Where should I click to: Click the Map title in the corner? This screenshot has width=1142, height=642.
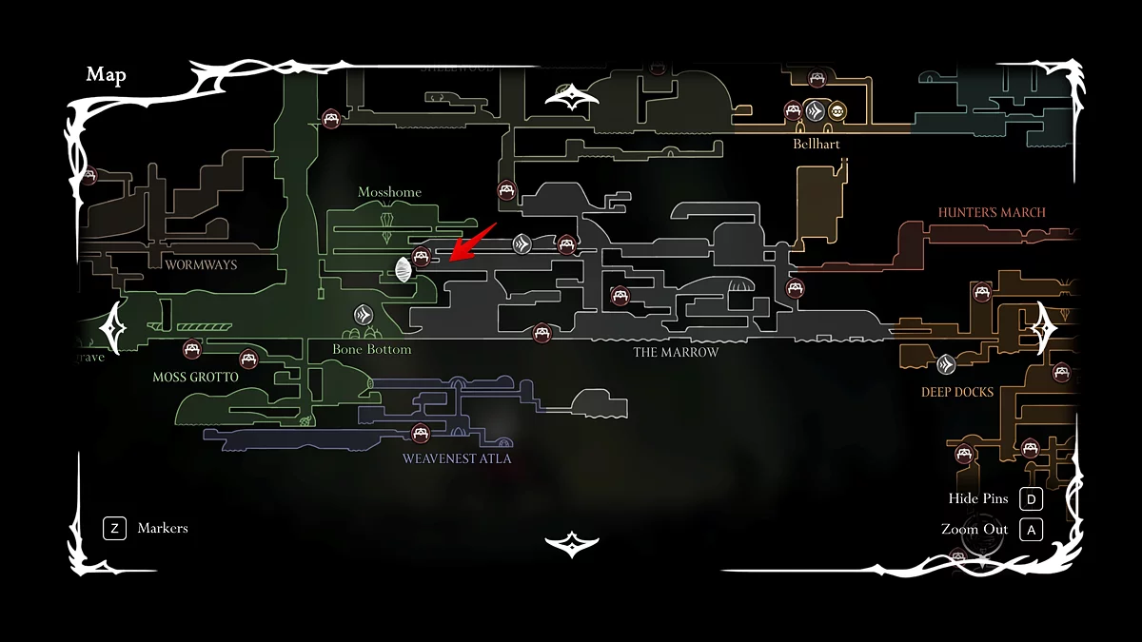[106, 75]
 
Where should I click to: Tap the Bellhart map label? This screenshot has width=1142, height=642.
[816, 145]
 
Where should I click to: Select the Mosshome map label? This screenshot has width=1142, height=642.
[389, 192]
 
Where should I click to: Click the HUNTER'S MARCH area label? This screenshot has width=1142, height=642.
[992, 212]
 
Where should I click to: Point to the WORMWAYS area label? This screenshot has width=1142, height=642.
[201, 264]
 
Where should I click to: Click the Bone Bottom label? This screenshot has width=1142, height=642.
[371, 349]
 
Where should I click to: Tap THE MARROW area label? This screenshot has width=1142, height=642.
[676, 352]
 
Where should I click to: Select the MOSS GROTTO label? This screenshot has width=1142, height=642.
[195, 377]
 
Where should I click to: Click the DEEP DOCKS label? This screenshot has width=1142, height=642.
[956, 392]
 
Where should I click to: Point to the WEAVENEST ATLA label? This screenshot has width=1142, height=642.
[457, 458]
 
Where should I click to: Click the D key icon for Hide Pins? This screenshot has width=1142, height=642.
[1031, 499]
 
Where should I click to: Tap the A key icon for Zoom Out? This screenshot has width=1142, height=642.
[1031, 530]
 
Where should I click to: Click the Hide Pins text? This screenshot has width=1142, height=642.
[977, 499]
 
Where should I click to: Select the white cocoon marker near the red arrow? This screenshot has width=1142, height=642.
[404, 270]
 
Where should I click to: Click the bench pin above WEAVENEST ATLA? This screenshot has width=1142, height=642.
[419, 434]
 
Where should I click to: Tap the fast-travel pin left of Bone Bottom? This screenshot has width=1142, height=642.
[363, 314]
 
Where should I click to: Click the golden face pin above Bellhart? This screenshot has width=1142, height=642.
[837, 111]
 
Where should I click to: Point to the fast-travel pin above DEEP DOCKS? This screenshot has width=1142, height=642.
[946, 363]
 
